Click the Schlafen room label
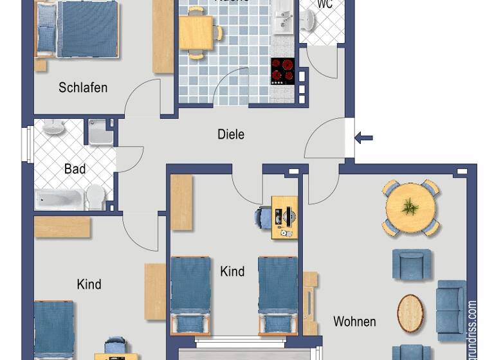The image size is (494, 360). click(83, 87)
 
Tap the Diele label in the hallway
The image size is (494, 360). click(231, 135)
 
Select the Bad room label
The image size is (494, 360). click(75, 170)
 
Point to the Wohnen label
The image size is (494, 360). click(354, 321)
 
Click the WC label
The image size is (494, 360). click(325, 4)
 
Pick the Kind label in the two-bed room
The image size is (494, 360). click(232, 271)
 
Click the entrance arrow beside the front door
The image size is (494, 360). click(364, 137)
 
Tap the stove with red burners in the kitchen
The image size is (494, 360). click(282, 70)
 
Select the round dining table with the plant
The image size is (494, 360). click(410, 207)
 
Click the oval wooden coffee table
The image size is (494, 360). click(410, 312)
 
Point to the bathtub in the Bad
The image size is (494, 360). click(59, 199)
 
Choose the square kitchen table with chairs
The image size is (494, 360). click(196, 33)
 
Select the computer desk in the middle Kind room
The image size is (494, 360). click(284, 217)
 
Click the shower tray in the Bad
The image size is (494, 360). click(100, 132)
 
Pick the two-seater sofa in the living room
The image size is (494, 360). click(450, 310)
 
